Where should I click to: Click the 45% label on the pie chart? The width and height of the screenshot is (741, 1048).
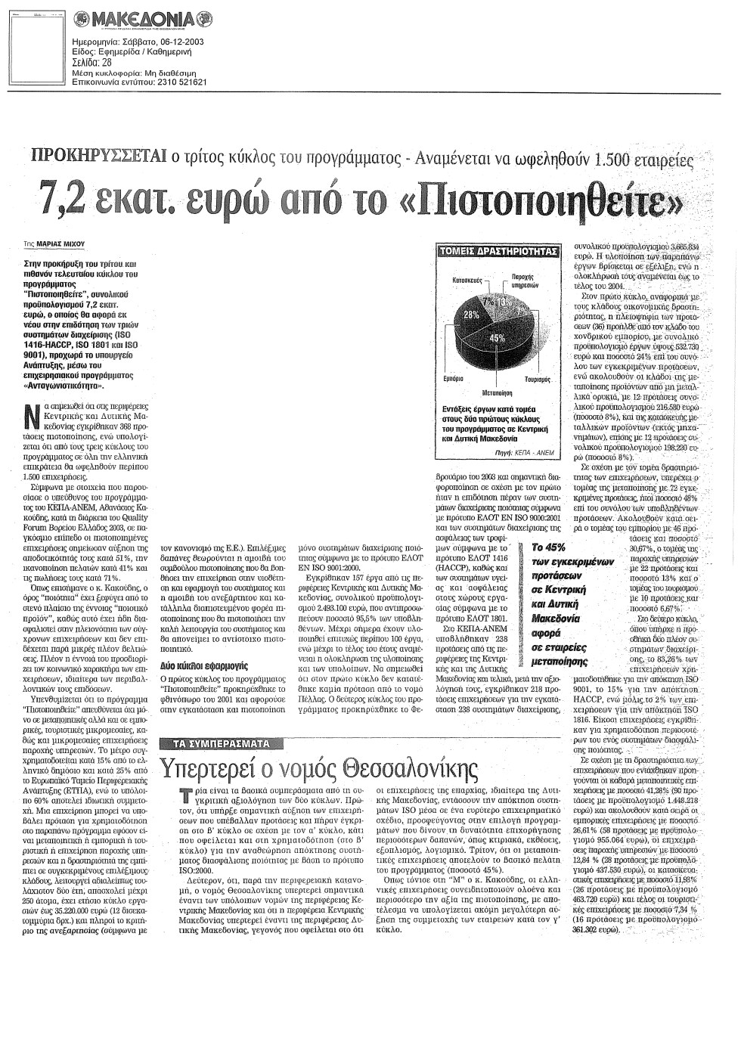click(497, 339)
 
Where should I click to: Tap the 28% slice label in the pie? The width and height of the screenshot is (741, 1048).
click(472, 314)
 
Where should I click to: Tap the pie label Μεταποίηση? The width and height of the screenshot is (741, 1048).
click(498, 393)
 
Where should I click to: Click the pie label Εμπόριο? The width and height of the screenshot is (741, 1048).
click(452, 377)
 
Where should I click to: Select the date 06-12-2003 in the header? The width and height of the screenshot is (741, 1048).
click(178, 42)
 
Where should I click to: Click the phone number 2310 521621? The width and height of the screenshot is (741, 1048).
click(181, 82)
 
